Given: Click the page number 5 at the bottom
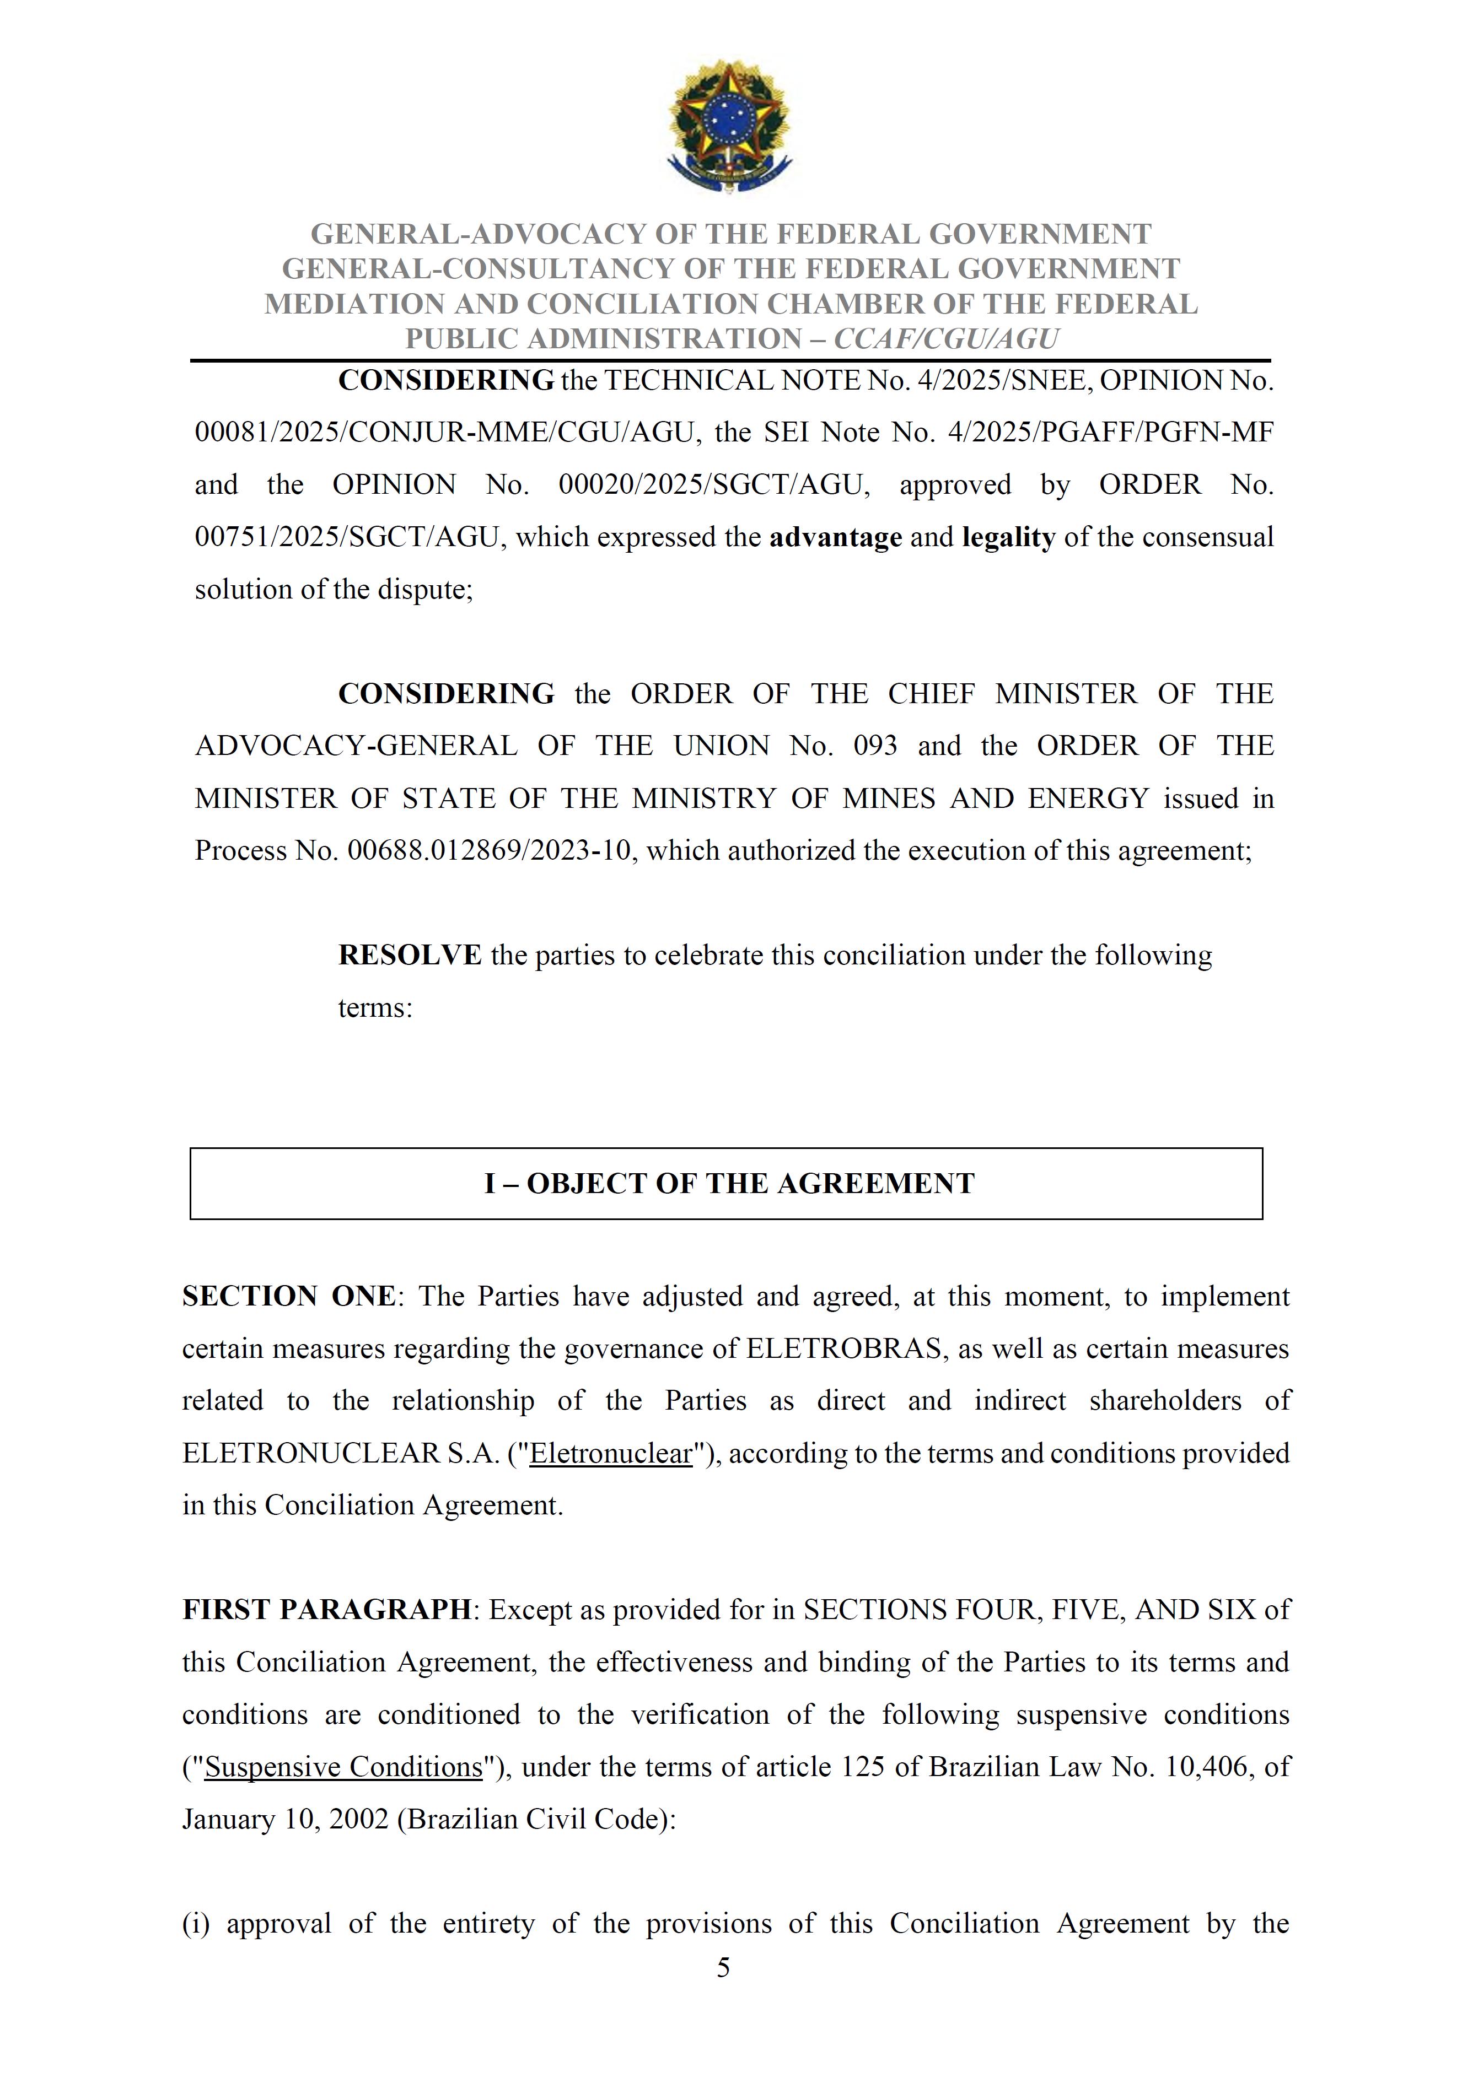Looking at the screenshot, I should click(x=723, y=1968).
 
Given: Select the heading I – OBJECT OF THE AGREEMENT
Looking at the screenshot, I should click(x=729, y=1183).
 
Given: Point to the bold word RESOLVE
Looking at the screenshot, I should click(x=410, y=955).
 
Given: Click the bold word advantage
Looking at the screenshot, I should click(x=835, y=537).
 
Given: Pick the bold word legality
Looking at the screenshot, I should click(x=1008, y=537).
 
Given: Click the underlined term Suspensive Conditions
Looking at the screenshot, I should click(x=343, y=1767).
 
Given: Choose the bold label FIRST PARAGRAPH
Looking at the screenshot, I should click(x=326, y=1610).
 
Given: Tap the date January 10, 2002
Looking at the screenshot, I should click(x=285, y=1819).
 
